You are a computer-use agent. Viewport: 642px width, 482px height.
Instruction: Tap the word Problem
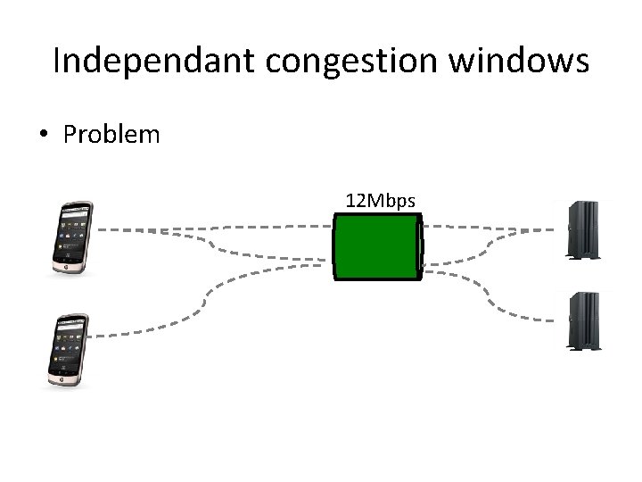[x=111, y=135]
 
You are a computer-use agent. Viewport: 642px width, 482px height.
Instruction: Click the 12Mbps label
[x=380, y=201]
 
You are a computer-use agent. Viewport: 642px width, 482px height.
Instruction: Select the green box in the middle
[x=376, y=247]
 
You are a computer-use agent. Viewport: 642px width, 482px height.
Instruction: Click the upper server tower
[x=584, y=230]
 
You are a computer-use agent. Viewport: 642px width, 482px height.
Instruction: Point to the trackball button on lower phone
[x=62, y=378]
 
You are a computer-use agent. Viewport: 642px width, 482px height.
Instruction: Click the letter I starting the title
[x=56, y=62]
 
